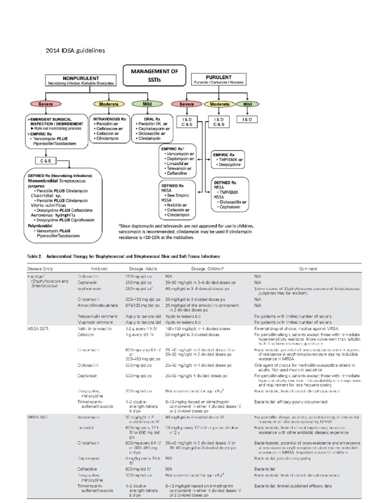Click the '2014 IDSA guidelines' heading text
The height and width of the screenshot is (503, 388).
point(75,51)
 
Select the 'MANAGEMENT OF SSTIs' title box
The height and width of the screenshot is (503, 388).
point(154,75)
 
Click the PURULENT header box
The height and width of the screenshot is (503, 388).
point(219,79)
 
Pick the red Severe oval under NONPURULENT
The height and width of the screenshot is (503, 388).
point(46,104)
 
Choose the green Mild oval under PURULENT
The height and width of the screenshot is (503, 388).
point(247,104)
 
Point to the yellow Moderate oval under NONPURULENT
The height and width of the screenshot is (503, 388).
point(109,104)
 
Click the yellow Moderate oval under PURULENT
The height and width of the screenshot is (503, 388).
point(220,104)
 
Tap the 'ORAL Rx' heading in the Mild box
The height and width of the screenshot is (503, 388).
point(152,119)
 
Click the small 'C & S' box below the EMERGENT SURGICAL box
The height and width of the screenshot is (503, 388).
point(46,161)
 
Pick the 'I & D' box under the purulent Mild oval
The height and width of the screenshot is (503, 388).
point(247,120)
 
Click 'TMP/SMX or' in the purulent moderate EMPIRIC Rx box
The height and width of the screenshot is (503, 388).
point(231,160)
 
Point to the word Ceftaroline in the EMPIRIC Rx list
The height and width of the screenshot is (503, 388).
point(177,173)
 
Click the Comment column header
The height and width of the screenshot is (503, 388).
point(307,269)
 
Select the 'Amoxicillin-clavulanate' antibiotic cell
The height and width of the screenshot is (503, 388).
point(98,305)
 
